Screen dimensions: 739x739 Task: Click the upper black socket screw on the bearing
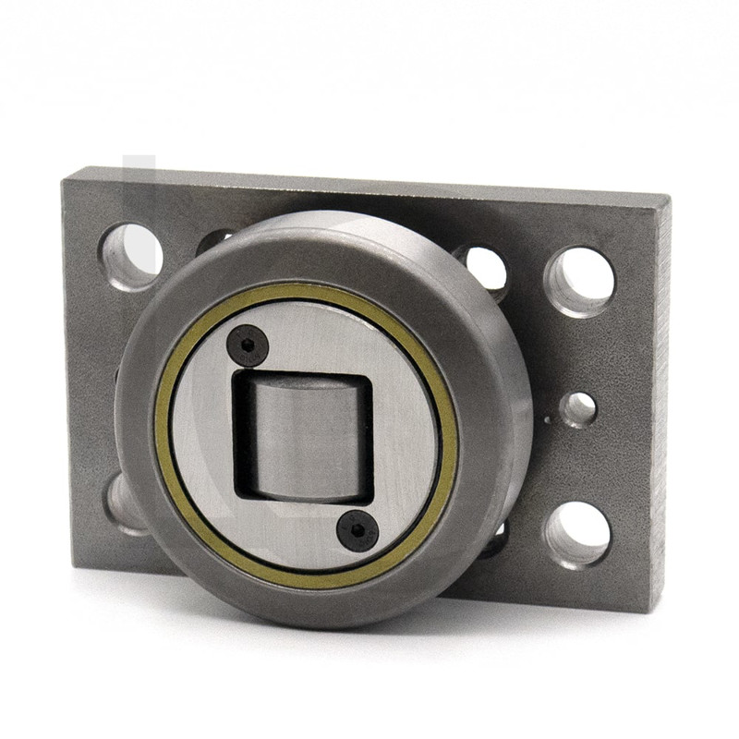point(247,345)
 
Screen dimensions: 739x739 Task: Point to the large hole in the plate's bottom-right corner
point(577,533)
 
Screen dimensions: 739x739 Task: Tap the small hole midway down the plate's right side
point(578,408)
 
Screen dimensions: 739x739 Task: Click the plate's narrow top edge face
point(369,181)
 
